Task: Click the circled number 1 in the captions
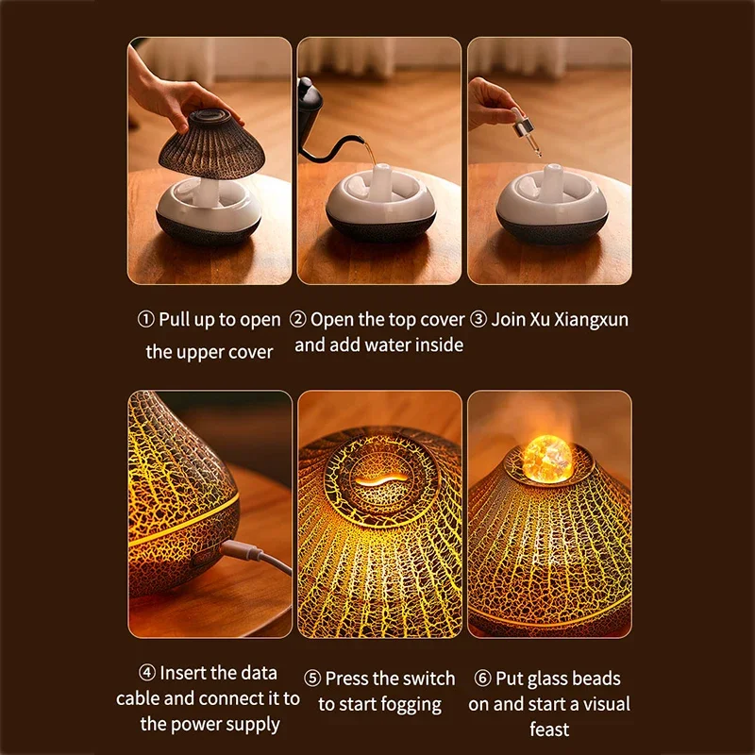pyautogui.click(x=145, y=320)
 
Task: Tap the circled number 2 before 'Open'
pyautogui.click(x=298, y=320)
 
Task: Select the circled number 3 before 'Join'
pyautogui.click(x=478, y=320)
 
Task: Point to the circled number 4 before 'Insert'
pyautogui.click(x=146, y=674)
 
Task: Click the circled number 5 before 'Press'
pyautogui.click(x=312, y=679)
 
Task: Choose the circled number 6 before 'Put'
pyautogui.click(x=481, y=679)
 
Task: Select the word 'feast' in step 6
pyautogui.click(x=548, y=730)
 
